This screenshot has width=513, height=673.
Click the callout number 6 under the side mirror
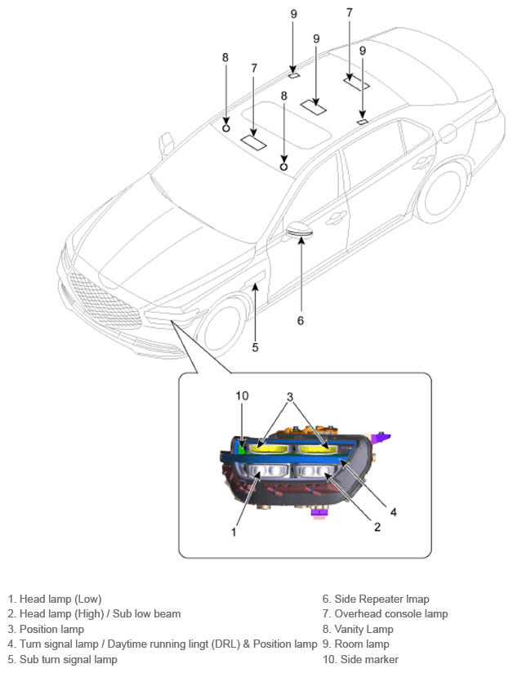click(x=301, y=320)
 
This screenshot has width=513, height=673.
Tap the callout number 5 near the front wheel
click(x=255, y=347)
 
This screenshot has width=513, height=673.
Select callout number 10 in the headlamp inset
click(x=242, y=395)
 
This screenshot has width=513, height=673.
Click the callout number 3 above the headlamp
click(x=290, y=397)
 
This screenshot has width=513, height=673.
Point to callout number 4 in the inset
click(x=393, y=511)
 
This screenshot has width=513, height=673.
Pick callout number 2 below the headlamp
click(x=377, y=527)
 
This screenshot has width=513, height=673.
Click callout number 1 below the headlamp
click(x=234, y=532)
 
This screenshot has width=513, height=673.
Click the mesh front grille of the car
click(x=105, y=301)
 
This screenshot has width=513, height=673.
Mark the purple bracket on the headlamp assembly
click(x=381, y=439)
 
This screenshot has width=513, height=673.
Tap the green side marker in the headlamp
click(x=241, y=449)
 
